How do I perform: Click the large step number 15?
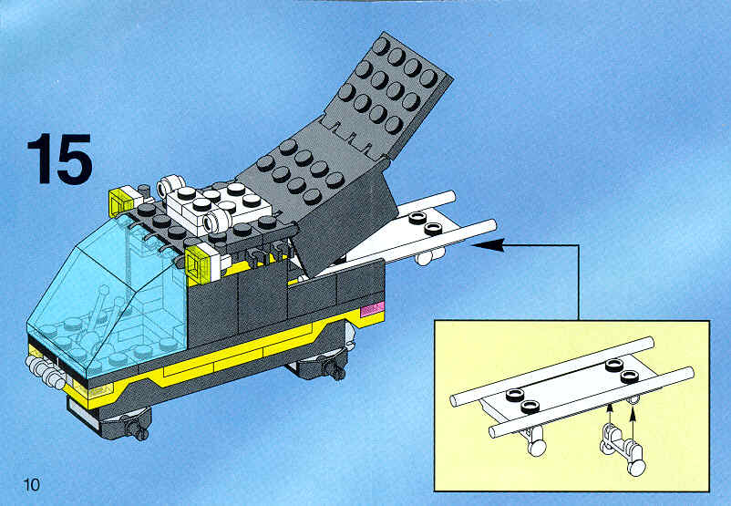(x=59, y=159)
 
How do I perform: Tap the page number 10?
(x=32, y=484)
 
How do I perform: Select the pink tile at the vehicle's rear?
(x=372, y=309)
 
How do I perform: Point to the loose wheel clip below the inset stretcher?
(x=623, y=448)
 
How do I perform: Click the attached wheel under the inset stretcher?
(x=534, y=440)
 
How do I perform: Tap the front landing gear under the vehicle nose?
(x=130, y=424)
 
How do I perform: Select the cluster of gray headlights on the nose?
(x=46, y=372)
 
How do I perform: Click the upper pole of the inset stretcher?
(x=552, y=371)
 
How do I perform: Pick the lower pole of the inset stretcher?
(x=592, y=402)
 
